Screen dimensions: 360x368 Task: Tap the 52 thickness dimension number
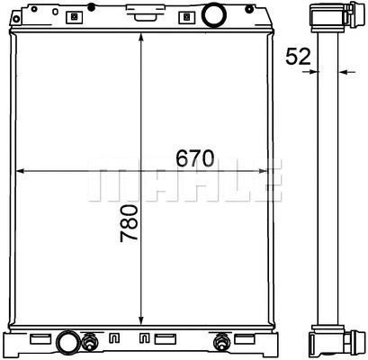tap(298, 56)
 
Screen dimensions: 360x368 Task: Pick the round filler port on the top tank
tap(213, 15)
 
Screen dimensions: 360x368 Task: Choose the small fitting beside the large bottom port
tap(91, 342)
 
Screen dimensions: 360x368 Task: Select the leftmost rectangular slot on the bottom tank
tap(40, 339)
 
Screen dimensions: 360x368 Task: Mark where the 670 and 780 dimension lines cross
tap(142, 171)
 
